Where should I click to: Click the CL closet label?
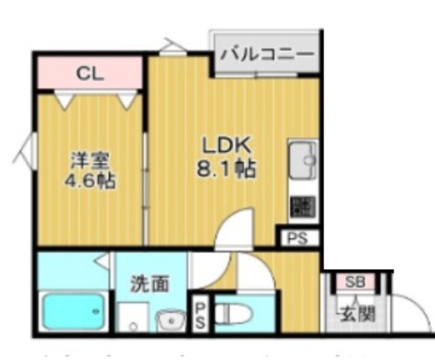tap(90, 73)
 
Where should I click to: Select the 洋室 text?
tap(90, 162)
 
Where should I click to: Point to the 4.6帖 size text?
tap(90, 181)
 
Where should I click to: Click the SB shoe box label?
tap(354, 282)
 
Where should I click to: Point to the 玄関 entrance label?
tap(356, 314)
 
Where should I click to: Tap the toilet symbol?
tap(230, 313)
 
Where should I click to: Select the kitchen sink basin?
tap(303, 161)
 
